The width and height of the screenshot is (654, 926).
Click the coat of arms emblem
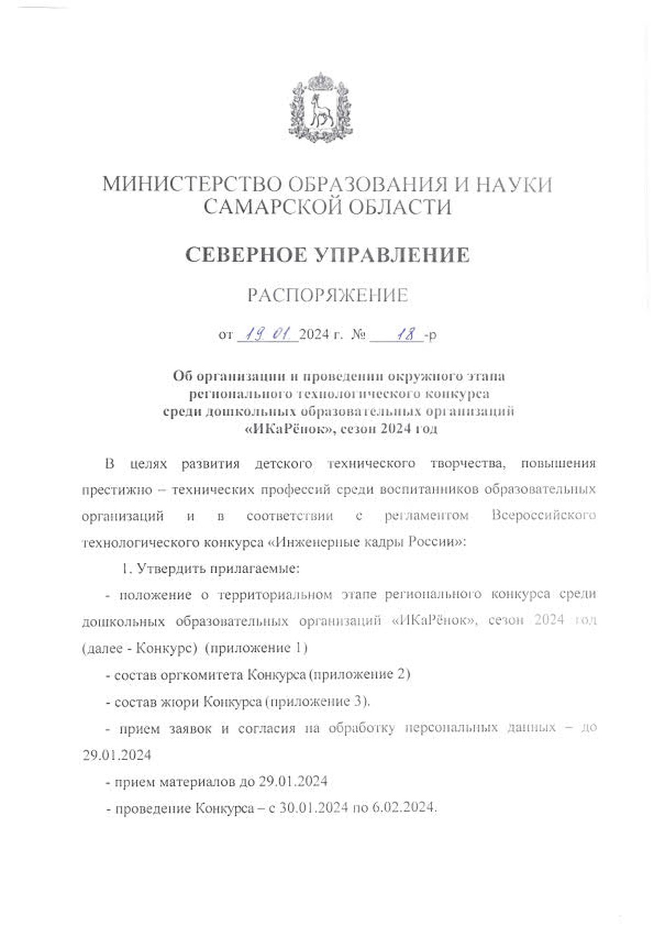320,108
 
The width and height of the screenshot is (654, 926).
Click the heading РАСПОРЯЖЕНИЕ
328,295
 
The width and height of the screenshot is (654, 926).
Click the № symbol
358,334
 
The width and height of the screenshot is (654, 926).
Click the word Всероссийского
543,515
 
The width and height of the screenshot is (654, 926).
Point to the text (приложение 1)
258,648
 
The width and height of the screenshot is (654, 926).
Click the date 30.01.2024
313,808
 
